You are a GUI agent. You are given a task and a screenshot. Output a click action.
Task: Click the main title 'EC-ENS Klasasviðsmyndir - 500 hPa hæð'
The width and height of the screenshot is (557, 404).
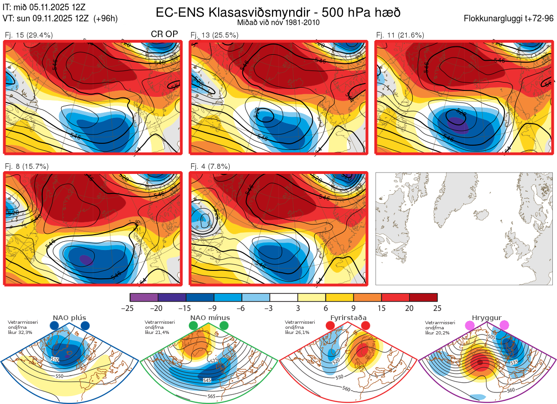tap(278, 13)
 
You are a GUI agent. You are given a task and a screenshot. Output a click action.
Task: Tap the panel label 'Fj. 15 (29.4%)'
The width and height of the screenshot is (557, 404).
tap(29, 35)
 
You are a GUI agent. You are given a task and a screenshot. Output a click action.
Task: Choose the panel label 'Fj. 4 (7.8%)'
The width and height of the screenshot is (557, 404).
tap(210, 167)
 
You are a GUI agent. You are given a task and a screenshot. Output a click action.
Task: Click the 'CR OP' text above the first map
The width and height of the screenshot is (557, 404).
tap(165, 34)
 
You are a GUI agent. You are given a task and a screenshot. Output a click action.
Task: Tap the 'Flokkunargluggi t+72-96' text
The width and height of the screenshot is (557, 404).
tap(509, 19)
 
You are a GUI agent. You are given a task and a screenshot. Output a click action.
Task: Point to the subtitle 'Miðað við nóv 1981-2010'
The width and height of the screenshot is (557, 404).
tap(278, 22)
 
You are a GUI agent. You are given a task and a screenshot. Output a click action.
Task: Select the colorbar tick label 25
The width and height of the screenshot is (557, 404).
tap(437, 308)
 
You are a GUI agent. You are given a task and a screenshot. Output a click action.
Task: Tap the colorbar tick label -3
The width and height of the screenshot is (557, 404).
tap(270, 308)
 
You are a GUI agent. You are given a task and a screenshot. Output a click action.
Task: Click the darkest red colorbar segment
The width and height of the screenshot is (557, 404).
tap(423, 297)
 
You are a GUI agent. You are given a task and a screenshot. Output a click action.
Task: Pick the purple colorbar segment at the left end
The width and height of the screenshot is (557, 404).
tap(144, 297)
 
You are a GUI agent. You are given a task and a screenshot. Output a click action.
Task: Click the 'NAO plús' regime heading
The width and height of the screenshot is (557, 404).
tap(69, 318)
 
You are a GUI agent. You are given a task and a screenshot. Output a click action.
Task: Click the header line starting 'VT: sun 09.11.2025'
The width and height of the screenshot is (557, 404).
tap(60, 19)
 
